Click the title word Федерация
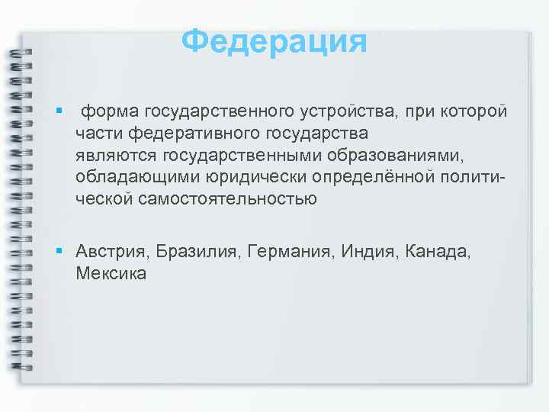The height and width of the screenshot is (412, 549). [x=274, y=40]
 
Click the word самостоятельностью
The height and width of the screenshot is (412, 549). [x=228, y=200]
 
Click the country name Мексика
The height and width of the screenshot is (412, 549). [x=111, y=272]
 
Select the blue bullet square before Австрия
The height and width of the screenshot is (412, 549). [x=58, y=251]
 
